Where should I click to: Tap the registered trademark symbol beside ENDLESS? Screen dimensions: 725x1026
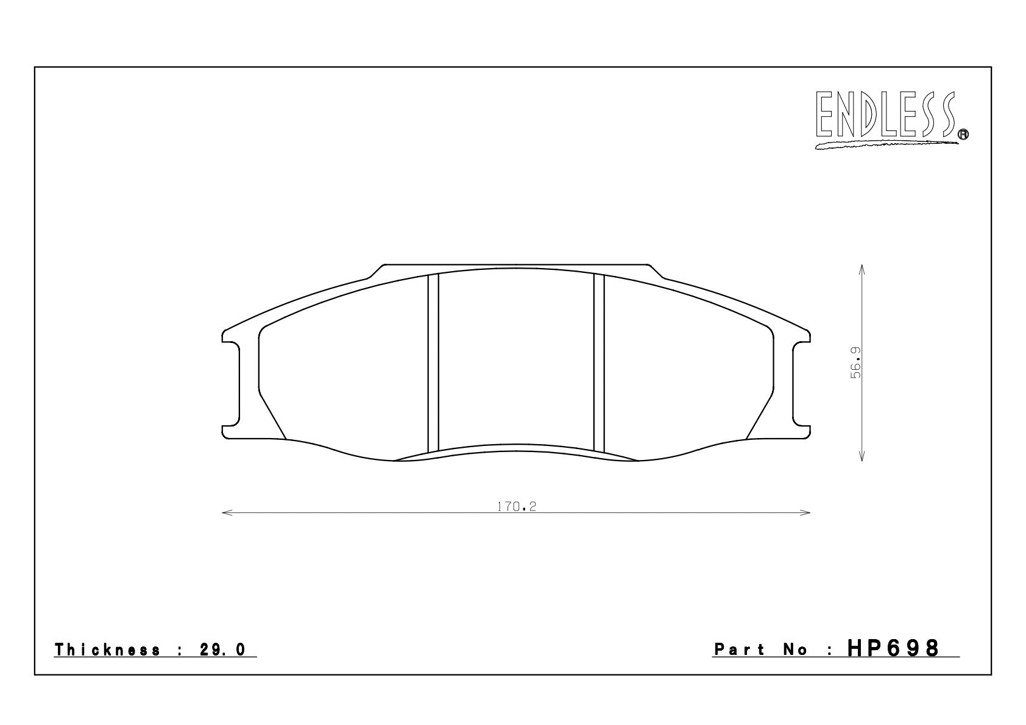[x=963, y=136]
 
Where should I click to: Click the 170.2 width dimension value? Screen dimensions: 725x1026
[x=515, y=507]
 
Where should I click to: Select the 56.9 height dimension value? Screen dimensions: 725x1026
[x=855, y=363]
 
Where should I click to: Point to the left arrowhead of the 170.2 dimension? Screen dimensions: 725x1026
[x=225, y=513]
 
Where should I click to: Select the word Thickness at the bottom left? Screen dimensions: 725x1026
[x=108, y=649]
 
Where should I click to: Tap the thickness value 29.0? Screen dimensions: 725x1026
[x=222, y=649]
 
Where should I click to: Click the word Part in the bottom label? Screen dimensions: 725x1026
[x=739, y=650]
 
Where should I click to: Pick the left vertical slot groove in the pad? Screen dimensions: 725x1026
[x=433, y=363]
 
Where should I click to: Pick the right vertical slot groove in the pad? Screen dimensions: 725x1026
[x=599, y=363]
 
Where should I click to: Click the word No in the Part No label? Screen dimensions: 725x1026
[x=797, y=650]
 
